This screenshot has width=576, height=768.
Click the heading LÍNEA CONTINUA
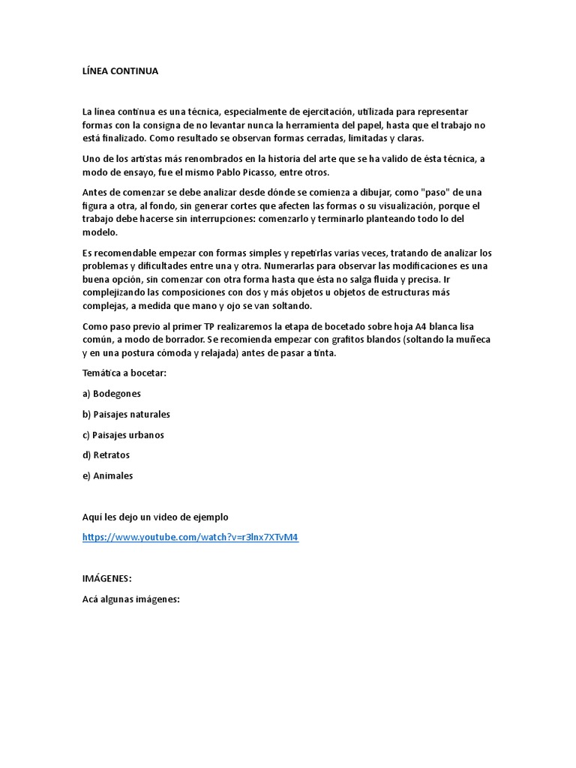(120, 71)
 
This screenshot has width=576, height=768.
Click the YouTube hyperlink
(190, 537)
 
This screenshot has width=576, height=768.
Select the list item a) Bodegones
(112, 393)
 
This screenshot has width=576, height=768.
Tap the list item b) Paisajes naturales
(126, 414)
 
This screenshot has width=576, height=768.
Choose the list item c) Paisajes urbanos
(123, 434)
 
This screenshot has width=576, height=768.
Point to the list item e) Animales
(107, 475)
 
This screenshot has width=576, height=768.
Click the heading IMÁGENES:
(106, 578)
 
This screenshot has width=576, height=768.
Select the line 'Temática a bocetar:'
(124, 373)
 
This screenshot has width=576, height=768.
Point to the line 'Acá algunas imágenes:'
(131, 599)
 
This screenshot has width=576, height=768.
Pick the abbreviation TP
(209, 326)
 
